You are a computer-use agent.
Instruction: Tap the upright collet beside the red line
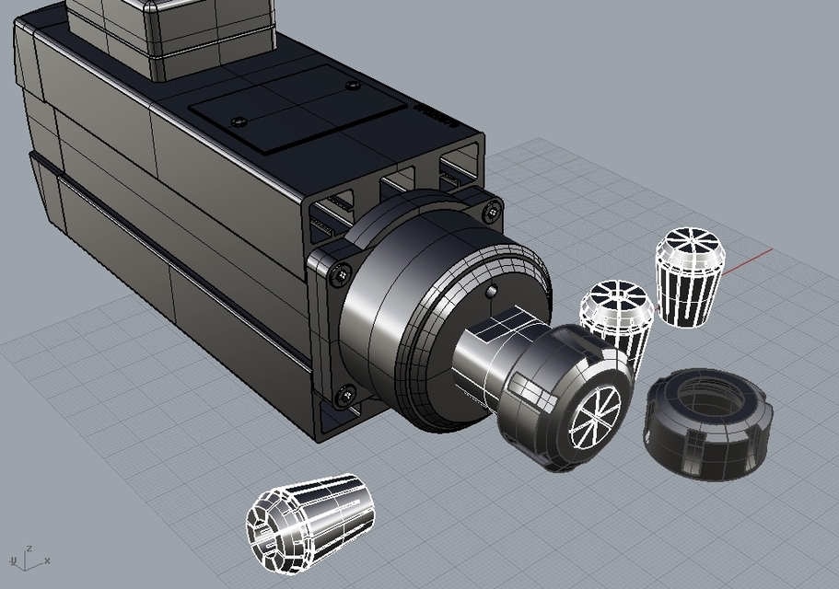point(686,277)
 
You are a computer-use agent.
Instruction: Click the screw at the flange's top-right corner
point(493,214)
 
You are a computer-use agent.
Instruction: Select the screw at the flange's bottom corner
point(345,396)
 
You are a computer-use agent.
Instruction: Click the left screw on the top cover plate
point(240,121)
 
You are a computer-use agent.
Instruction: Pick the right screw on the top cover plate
point(352,86)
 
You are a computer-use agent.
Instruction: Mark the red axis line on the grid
point(746,261)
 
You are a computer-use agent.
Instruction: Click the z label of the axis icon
point(29,548)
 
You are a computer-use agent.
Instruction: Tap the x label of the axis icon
point(47,560)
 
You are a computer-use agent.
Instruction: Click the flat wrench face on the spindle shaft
point(502,324)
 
